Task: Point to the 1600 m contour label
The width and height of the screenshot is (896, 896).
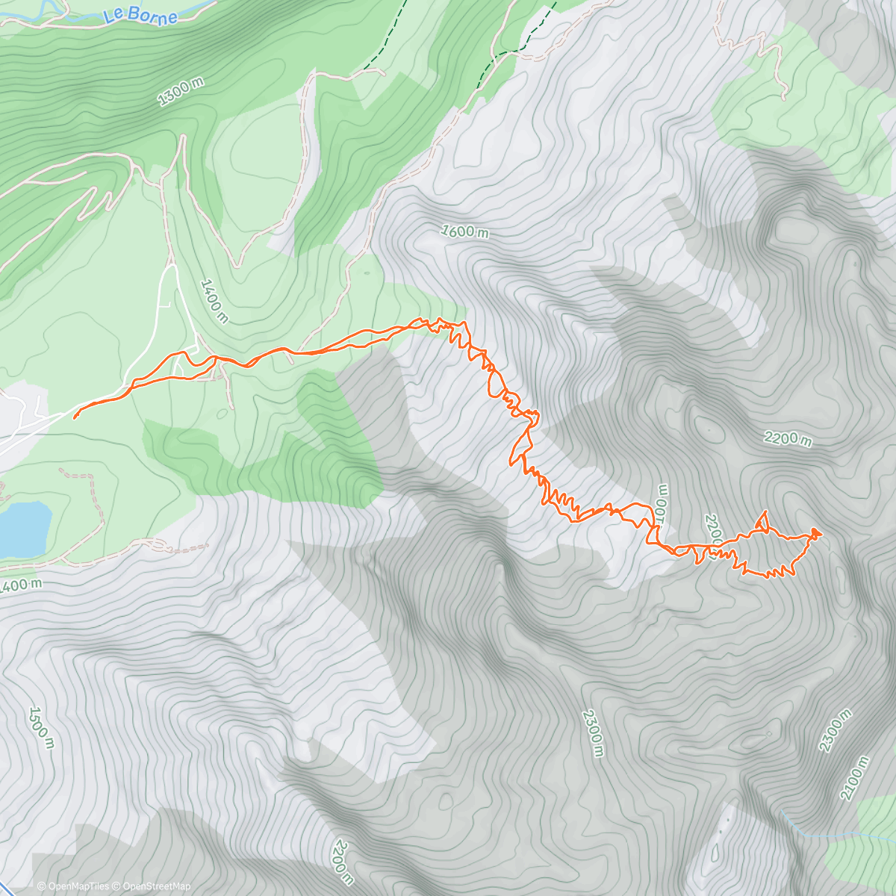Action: click(464, 231)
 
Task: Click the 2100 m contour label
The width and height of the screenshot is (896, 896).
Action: click(854, 778)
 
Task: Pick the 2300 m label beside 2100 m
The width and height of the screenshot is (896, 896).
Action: click(835, 730)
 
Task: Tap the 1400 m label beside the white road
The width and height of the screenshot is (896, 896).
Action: click(214, 300)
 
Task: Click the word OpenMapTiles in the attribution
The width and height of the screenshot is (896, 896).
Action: click(78, 886)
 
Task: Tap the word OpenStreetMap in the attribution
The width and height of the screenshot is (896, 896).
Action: click(156, 886)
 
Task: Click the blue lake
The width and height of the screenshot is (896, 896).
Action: click(22, 527)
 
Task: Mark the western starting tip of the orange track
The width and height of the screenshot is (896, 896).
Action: click(75, 417)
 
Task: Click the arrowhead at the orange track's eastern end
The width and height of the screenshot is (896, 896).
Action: click(815, 532)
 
